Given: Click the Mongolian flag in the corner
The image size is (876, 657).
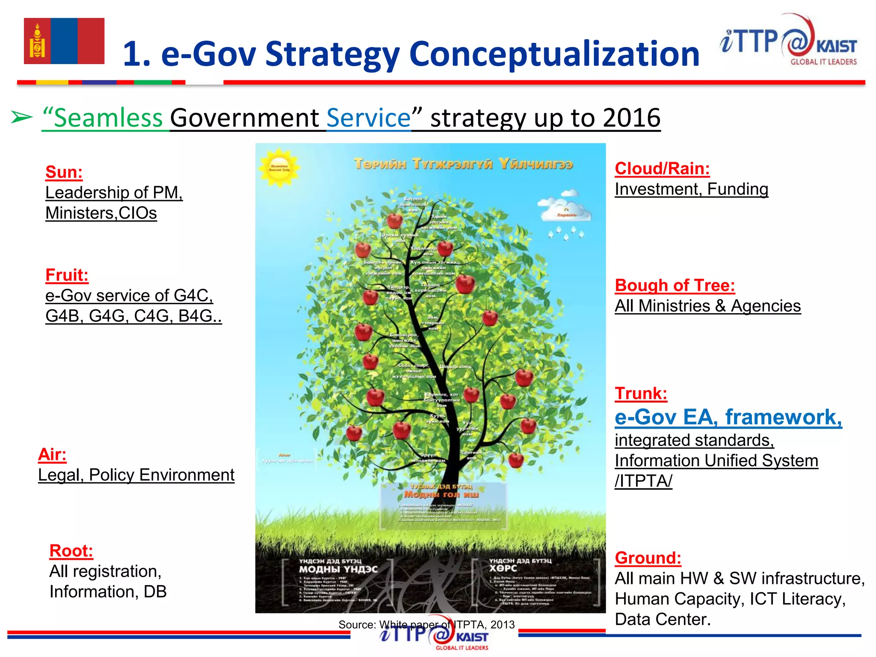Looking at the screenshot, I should (64, 41).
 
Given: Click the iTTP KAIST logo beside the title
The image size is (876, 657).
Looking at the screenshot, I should (788, 41).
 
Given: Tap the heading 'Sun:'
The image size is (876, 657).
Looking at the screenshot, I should (64, 172).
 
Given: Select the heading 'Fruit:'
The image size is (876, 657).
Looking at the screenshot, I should (67, 275).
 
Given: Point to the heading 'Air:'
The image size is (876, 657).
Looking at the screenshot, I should (52, 454).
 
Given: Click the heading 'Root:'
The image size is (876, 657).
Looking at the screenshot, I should (71, 551).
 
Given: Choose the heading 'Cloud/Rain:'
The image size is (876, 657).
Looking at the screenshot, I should (662, 169).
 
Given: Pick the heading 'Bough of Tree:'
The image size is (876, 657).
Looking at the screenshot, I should (675, 285).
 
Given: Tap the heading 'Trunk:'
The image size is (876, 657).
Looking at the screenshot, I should (641, 394).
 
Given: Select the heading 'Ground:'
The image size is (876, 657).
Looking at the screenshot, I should (648, 558).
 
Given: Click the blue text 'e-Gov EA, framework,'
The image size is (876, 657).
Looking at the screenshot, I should (728, 417).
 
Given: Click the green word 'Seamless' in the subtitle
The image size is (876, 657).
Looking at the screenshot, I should (108, 118).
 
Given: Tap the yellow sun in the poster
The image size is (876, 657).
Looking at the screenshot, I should (279, 168).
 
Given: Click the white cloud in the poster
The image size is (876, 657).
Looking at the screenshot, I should (566, 209).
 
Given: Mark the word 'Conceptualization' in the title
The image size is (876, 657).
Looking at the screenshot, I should (554, 54).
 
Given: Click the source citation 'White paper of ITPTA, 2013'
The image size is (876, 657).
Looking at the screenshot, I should (447, 624).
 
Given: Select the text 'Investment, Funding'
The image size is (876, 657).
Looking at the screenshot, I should (691, 189).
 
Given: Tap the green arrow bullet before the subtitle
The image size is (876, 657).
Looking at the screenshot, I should (21, 117).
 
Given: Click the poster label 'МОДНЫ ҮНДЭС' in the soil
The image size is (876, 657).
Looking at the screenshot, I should (338, 569).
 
